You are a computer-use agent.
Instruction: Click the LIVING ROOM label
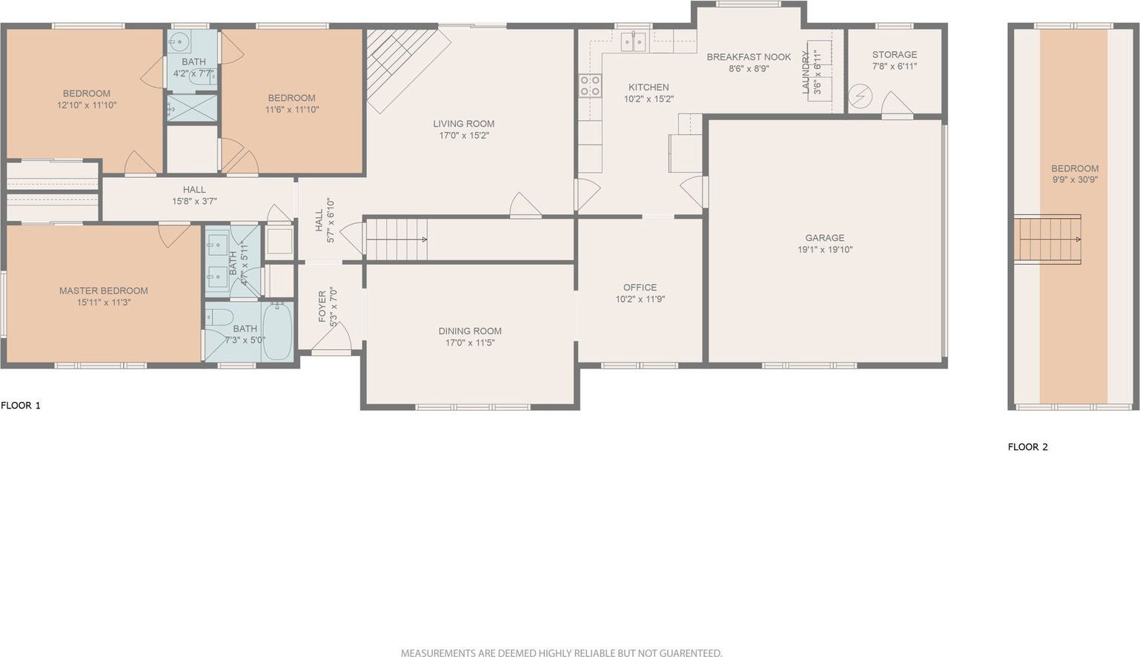click(463, 124)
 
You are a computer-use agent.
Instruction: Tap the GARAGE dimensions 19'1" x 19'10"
click(825, 250)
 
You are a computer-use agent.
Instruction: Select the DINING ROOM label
click(470, 331)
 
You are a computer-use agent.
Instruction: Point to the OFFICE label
click(640, 287)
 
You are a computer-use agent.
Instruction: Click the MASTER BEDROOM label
click(103, 291)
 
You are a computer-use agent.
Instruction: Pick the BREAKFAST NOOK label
click(749, 57)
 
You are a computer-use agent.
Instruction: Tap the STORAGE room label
click(894, 54)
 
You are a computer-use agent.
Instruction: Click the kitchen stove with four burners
click(590, 85)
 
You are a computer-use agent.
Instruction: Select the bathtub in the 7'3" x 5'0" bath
click(277, 331)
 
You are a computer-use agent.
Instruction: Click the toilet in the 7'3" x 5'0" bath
click(219, 317)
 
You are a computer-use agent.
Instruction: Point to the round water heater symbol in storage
click(860, 96)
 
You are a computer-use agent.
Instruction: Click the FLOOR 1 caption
click(20, 406)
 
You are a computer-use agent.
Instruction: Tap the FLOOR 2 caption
click(1027, 447)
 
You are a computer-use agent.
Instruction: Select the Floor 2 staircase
click(1047, 240)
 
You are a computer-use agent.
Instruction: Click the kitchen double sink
click(633, 42)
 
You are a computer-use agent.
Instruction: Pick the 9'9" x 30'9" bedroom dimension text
click(1075, 179)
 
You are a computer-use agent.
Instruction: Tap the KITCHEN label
click(649, 87)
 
